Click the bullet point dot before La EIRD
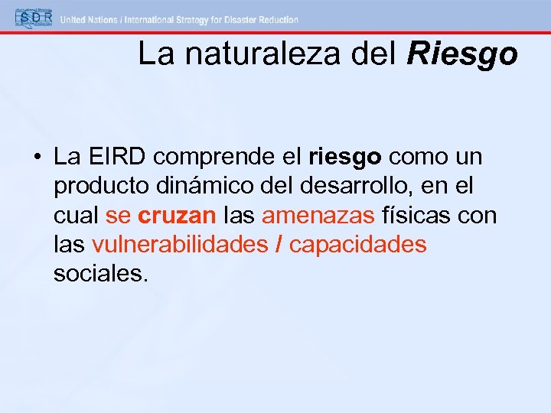coord(37,158)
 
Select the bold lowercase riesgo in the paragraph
coord(344,158)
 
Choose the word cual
coord(76,215)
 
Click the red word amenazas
coord(318,215)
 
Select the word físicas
coord(413,215)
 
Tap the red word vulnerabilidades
coord(180,244)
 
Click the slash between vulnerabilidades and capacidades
coord(279,244)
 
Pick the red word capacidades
coord(357,245)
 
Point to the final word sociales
coord(99,273)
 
